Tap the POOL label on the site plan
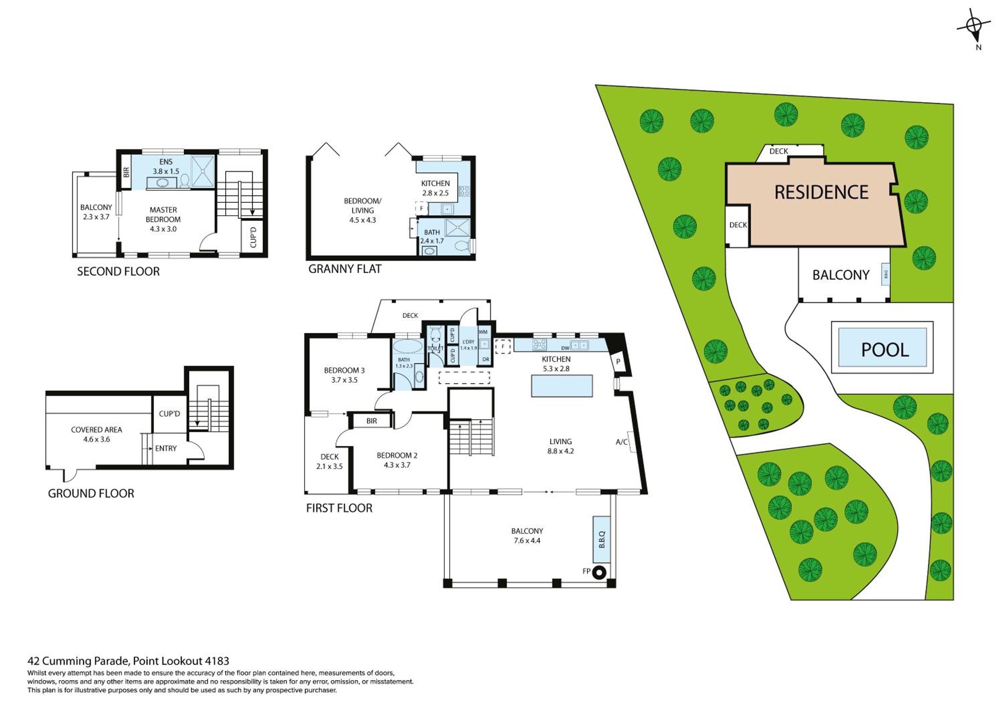885,349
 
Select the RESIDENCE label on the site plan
821,192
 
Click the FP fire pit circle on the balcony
600,572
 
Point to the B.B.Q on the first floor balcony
601,539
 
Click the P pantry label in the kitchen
618,362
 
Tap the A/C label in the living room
622,442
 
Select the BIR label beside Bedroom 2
372,421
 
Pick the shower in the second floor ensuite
203,172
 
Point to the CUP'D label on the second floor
253,237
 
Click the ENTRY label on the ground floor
166,448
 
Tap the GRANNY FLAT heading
345,269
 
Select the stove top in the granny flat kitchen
464,191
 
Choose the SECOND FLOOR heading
118,272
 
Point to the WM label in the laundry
483,332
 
